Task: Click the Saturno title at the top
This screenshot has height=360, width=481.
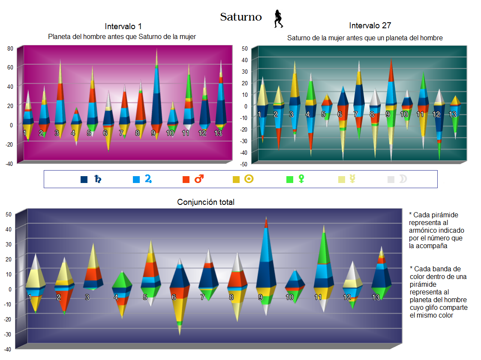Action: tap(240, 17)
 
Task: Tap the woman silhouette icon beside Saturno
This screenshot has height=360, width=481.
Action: tap(279, 19)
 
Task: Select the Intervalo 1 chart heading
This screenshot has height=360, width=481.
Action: tap(123, 27)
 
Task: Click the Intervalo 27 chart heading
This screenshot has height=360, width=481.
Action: tap(370, 26)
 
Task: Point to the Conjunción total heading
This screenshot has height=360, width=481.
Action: tap(206, 202)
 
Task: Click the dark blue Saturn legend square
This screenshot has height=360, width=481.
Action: tap(84, 180)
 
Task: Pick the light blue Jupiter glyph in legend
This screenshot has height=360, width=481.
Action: tap(148, 179)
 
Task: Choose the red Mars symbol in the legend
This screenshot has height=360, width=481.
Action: tap(199, 179)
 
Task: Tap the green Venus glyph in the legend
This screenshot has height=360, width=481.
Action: tap(301, 179)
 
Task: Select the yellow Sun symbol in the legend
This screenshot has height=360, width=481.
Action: tap(249, 179)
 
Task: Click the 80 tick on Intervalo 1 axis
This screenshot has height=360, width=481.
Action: tap(10, 48)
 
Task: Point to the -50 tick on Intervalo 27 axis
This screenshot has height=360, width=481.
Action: tap(244, 165)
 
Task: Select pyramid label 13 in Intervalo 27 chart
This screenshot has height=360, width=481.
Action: tap(452, 114)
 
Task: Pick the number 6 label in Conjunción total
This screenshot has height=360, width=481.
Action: tap(174, 297)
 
